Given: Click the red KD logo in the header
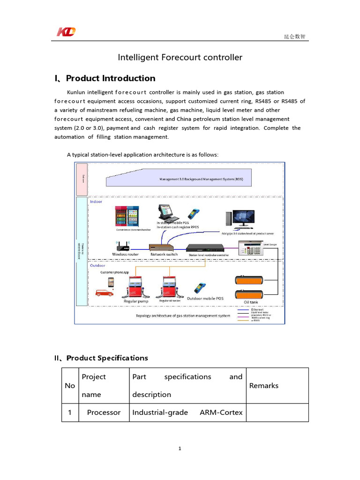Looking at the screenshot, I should [x=66, y=32].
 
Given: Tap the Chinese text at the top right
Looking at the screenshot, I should [x=296, y=37].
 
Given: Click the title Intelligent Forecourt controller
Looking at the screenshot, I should [x=180, y=57].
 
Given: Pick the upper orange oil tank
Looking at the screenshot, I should [x=254, y=280].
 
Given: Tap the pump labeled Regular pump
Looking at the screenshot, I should [x=135, y=287].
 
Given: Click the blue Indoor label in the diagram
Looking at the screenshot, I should [x=96, y=202].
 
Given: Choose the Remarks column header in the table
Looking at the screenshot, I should [x=264, y=385].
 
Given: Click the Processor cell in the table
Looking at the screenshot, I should [x=104, y=412].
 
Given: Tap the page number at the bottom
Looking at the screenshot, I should [x=180, y=449].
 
